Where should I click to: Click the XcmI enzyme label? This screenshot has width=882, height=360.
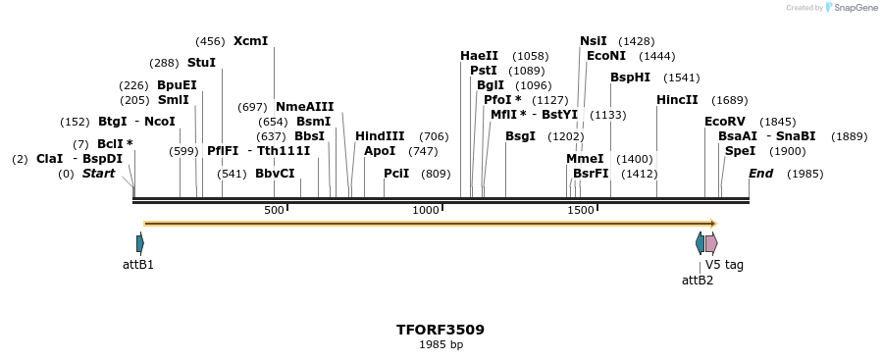pos(250,41)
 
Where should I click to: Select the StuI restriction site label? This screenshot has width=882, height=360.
pos(201,63)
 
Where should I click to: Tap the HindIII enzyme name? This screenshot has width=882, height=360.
pos(380,136)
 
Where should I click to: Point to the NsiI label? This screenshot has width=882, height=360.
pos(594,41)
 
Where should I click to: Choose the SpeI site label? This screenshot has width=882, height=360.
pos(740,151)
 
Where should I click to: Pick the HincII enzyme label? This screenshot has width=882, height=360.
pos(677,100)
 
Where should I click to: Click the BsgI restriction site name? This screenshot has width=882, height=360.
pos(520,136)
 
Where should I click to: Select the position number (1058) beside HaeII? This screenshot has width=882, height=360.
pos(531,56)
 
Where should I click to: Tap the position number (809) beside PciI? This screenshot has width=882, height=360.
pos(436,174)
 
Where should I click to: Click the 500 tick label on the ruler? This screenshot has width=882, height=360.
pos(274,210)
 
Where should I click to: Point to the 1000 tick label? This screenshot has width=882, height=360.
pos(426,210)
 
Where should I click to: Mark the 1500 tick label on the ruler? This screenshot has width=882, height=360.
pos(581,210)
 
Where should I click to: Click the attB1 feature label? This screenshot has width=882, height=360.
pos(138,265)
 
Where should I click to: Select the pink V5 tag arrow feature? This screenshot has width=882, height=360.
pos(711,243)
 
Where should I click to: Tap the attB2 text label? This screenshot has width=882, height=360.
pos(698,280)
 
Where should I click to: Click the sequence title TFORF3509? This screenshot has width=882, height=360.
pos(441,330)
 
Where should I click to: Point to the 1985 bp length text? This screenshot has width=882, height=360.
pos(441,345)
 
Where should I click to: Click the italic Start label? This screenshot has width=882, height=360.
pos(98,174)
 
